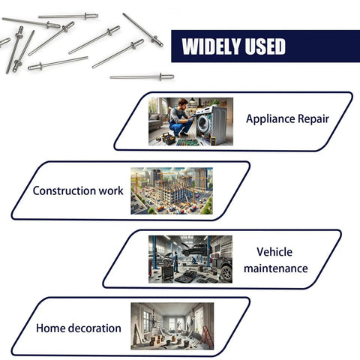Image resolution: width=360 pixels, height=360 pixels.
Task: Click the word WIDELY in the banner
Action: tap(211, 46)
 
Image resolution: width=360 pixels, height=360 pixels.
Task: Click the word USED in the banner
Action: tap(265, 46)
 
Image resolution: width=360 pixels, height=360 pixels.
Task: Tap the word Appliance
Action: tap(269, 119)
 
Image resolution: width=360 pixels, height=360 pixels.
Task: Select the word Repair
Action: tap(313, 119)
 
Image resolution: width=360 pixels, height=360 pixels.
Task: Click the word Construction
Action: tap(64, 190)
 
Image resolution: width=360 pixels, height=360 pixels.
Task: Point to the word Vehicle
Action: tap(274, 252)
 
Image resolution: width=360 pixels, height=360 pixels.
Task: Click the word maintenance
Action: tap(276, 268)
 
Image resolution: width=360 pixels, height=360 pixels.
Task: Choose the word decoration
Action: tap(94, 328)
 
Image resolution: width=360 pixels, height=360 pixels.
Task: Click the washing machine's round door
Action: tap(202, 123)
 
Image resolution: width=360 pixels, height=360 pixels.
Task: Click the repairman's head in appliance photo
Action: tap(183, 103)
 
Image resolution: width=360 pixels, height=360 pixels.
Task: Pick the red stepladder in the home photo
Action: tap(207, 337)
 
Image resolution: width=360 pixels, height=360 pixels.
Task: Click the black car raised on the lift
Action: tap(194, 249)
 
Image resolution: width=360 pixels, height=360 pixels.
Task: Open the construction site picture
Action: tap(172, 190)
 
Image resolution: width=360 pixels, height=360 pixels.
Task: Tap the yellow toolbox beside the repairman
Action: tap(169, 139)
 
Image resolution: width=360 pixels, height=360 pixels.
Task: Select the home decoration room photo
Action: tap(172, 326)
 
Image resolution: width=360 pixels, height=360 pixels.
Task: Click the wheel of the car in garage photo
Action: tap(226, 273)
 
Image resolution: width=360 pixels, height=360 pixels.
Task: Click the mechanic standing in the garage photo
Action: tap(175, 262)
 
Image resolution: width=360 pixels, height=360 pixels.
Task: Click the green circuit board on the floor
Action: tap(188, 142)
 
